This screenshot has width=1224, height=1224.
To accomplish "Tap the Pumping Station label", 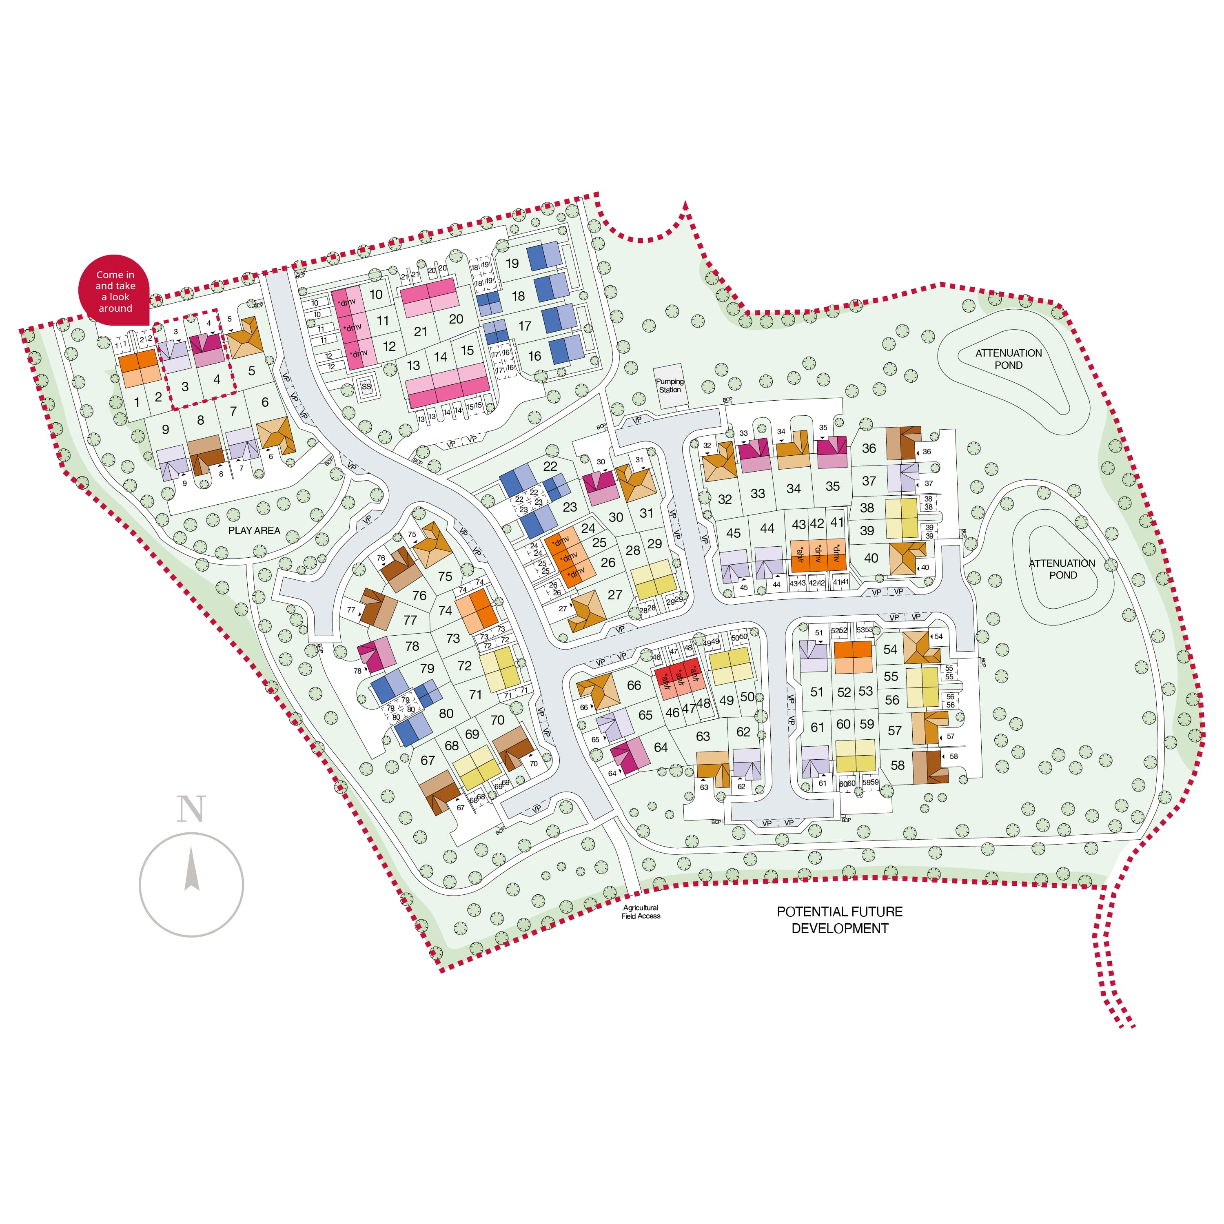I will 669,385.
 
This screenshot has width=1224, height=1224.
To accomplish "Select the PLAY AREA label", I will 254,530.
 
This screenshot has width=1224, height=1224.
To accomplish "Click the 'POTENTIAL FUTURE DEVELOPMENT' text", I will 839,920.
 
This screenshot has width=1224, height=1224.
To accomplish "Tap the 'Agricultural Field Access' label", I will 641,911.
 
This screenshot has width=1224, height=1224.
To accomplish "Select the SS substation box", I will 366,386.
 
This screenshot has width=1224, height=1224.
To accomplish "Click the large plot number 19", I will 512,264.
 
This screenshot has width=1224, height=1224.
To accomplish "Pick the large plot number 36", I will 869,448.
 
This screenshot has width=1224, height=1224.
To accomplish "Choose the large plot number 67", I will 428,760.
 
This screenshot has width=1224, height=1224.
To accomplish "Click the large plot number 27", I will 614,594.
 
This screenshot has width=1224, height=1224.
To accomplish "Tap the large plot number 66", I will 634,685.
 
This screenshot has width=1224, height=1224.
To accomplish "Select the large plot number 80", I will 446,713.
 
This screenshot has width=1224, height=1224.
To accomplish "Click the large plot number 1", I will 136,401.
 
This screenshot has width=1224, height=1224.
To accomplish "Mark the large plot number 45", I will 733,533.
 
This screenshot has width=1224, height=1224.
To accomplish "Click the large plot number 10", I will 376,295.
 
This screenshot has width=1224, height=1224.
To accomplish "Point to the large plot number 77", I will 410,620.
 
